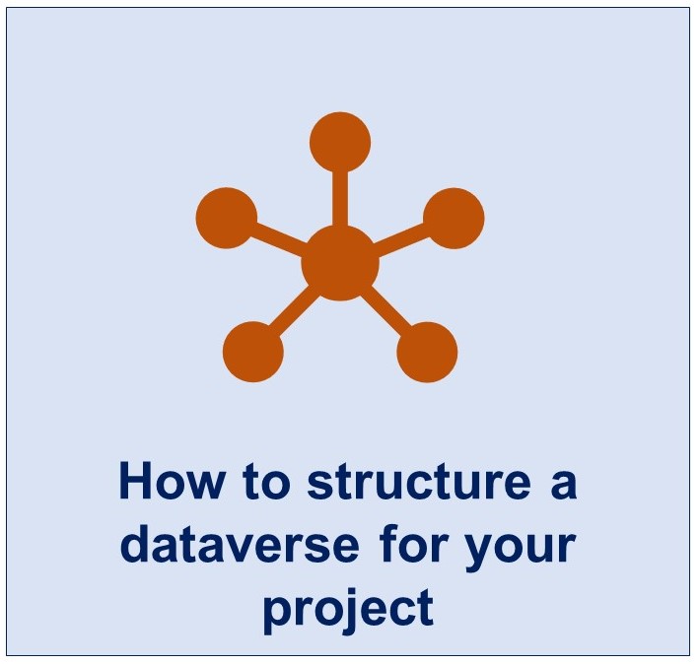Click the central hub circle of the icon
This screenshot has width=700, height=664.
[x=340, y=263]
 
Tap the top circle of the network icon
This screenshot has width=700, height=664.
[x=340, y=142]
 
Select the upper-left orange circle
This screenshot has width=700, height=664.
[x=227, y=218]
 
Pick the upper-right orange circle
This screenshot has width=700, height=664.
[x=454, y=218]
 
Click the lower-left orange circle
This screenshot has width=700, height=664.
[x=253, y=352]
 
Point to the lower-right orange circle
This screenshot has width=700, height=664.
[x=427, y=352]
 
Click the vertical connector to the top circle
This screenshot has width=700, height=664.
[x=340, y=199]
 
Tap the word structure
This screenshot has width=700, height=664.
[x=419, y=482]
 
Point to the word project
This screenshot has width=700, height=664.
[x=349, y=609]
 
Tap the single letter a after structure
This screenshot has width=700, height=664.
[x=564, y=487]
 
